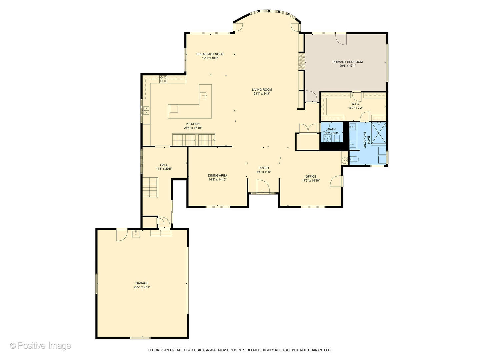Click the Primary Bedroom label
coord(347,62)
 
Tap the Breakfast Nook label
coord(210,54)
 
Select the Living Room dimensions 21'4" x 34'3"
coord(262,94)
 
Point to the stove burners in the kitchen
coord(163,79)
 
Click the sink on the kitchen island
coord(203,96)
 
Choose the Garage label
coord(142,283)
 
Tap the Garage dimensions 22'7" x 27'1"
coord(142,287)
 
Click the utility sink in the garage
coord(136,234)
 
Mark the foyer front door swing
coord(263,186)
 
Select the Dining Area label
coord(217,176)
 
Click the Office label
coord(311,177)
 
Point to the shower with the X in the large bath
coord(379,133)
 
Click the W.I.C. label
coord(355,104)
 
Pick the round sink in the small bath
coord(327,138)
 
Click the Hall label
coord(164,165)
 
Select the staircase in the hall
coord(150,187)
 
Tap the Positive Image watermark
coord(41,346)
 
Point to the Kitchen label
coord(193,124)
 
